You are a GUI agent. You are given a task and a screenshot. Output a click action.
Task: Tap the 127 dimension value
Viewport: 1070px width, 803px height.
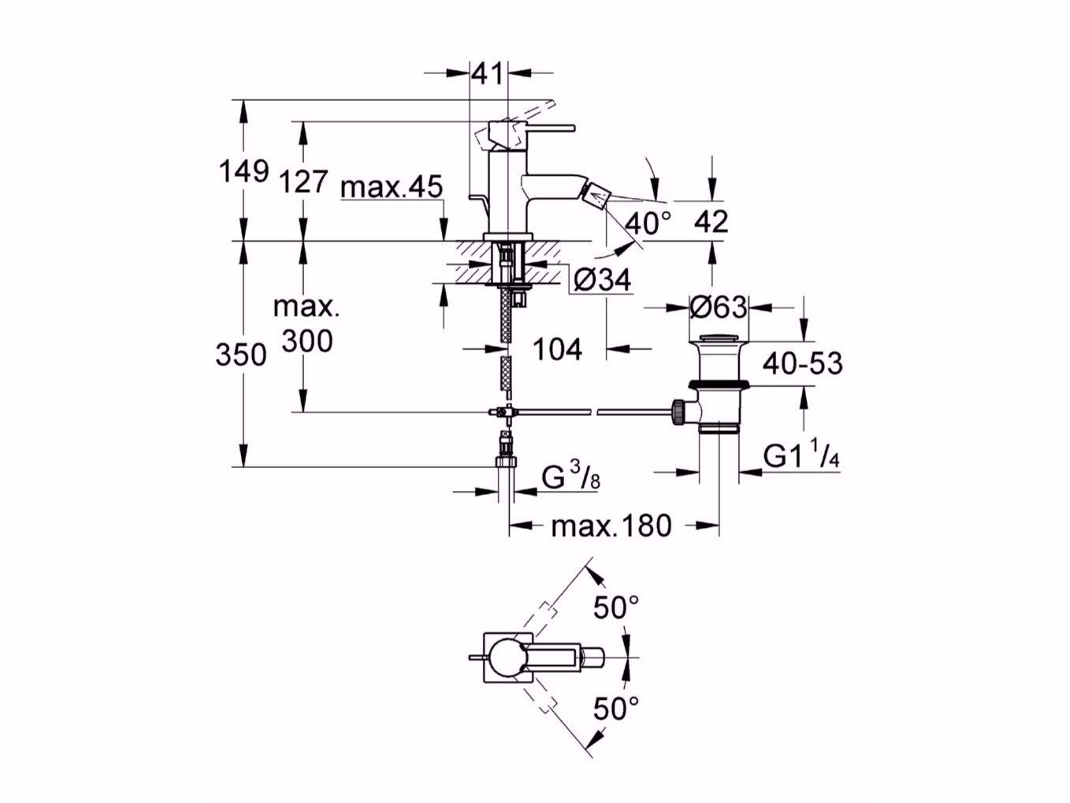click(303, 181)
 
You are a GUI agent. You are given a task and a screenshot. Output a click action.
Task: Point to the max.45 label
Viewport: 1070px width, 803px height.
click(392, 188)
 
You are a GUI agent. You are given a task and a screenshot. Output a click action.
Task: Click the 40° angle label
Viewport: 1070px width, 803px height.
click(648, 223)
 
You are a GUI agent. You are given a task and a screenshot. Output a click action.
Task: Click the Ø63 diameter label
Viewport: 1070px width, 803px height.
click(717, 307)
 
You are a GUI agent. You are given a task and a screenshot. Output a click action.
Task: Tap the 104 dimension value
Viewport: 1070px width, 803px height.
click(558, 348)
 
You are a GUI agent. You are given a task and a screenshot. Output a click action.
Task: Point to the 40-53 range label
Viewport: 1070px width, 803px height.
click(802, 363)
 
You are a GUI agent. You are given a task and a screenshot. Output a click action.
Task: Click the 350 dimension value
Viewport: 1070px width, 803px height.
click(242, 355)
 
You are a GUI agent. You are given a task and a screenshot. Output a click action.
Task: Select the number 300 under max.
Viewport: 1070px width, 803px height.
click(307, 341)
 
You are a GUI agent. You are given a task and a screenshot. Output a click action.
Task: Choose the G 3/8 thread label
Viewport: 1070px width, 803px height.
click(570, 479)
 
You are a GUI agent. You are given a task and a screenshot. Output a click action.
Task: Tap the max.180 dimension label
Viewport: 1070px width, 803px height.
click(611, 525)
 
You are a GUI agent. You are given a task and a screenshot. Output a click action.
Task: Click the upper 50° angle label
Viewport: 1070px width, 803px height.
click(615, 607)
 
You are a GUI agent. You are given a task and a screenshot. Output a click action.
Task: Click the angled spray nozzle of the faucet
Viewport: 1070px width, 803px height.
click(598, 190)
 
